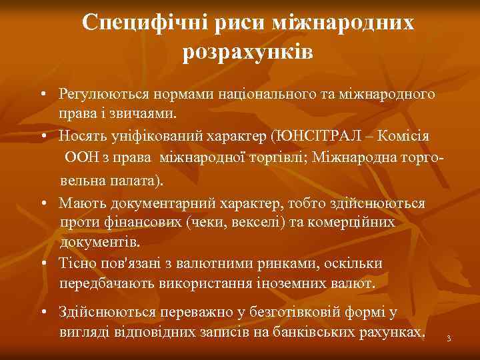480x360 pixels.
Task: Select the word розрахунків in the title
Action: coord(248,52)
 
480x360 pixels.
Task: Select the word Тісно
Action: coord(75,264)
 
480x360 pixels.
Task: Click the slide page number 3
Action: coord(449,340)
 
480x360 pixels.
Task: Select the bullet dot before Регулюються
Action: coord(42,95)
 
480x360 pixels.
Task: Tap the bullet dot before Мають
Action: coord(42,203)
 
